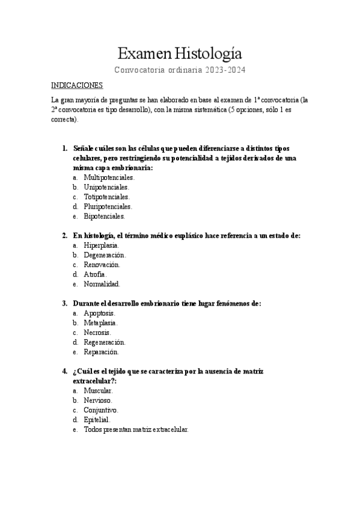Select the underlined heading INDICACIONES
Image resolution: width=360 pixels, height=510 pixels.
[x=77, y=85]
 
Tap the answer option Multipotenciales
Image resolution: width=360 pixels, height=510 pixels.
[x=109, y=177]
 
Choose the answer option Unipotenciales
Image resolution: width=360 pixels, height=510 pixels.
[x=107, y=187]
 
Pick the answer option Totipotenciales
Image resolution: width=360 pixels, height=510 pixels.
[x=107, y=197]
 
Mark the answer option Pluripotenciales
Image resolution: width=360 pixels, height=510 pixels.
[x=108, y=206]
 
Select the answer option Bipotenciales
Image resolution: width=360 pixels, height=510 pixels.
[x=105, y=216]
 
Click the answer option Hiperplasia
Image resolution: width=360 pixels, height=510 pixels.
[x=102, y=245]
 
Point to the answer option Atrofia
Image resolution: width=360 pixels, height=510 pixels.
[x=96, y=274]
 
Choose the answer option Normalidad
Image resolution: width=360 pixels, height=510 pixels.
[x=102, y=284]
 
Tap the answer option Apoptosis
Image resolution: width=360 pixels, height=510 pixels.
[x=100, y=313]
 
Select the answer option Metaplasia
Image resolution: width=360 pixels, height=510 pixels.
[x=101, y=323]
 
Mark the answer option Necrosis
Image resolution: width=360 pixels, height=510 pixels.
[x=97, y=333]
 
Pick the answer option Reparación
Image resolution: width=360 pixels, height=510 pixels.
[x=102, y=352]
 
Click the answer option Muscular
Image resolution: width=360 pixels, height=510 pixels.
[x=99, y=391]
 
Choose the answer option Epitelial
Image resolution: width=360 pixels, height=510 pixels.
[x=97, y=420]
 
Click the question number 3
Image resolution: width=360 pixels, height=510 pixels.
[x=64, y=303]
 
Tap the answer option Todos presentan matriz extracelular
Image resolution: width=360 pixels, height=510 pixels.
[x=136, y=429]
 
